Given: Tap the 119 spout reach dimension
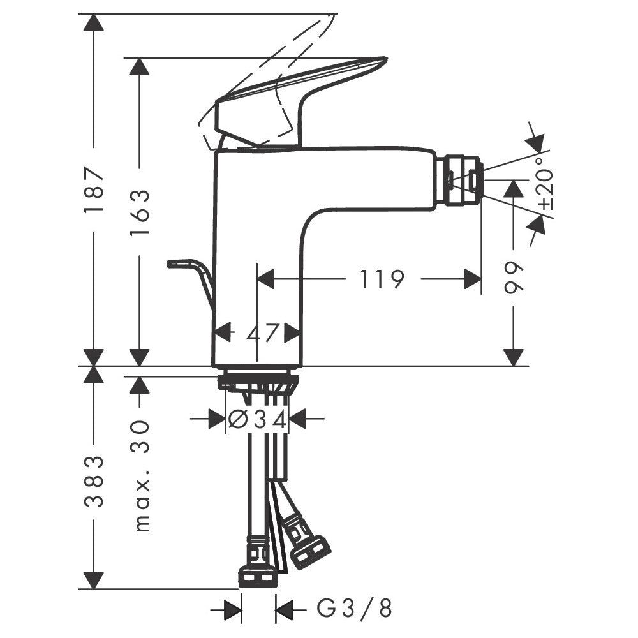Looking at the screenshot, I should (382, 279).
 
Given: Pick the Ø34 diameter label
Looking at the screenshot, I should (257, 419).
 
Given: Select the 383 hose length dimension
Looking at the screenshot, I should (94, 481).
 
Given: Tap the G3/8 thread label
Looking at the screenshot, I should (355, 609).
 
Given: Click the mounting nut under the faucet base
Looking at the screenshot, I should (258, 382).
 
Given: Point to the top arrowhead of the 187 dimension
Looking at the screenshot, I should (94, 22).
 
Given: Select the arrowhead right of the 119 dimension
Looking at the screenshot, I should (472, 279).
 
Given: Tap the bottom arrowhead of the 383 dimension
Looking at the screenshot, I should (94, 581).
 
